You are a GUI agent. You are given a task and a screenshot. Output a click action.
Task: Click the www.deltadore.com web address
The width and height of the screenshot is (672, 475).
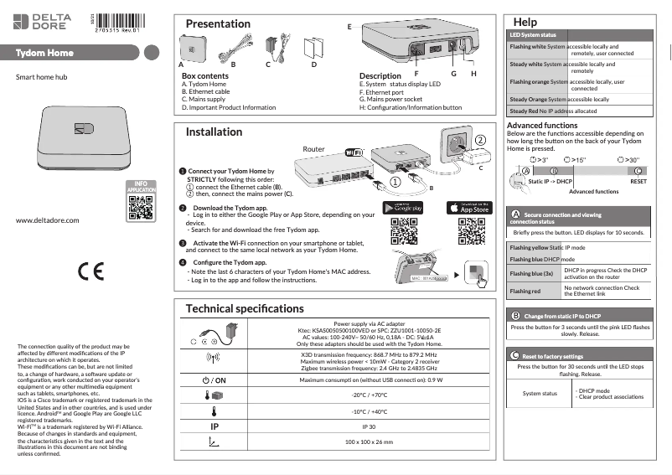coord(47,220)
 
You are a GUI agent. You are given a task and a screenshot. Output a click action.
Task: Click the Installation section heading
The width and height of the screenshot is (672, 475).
coord(214,132)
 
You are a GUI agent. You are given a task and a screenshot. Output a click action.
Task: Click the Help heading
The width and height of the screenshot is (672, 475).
coord(525,20)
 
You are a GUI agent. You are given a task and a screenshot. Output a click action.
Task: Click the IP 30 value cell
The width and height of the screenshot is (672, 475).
coord(367,426)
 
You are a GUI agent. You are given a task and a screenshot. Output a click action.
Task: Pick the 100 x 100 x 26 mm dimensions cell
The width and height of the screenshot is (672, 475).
coord(367,441)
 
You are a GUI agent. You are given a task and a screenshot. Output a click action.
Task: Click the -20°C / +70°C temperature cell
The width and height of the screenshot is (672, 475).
coord(367,395)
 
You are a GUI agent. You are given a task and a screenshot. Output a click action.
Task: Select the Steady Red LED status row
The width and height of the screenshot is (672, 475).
coord(579,111)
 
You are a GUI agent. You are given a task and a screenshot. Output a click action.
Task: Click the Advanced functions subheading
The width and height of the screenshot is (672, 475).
coord(542,125)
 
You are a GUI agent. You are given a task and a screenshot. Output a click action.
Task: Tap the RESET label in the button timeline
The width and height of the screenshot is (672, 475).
coord(638,181)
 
